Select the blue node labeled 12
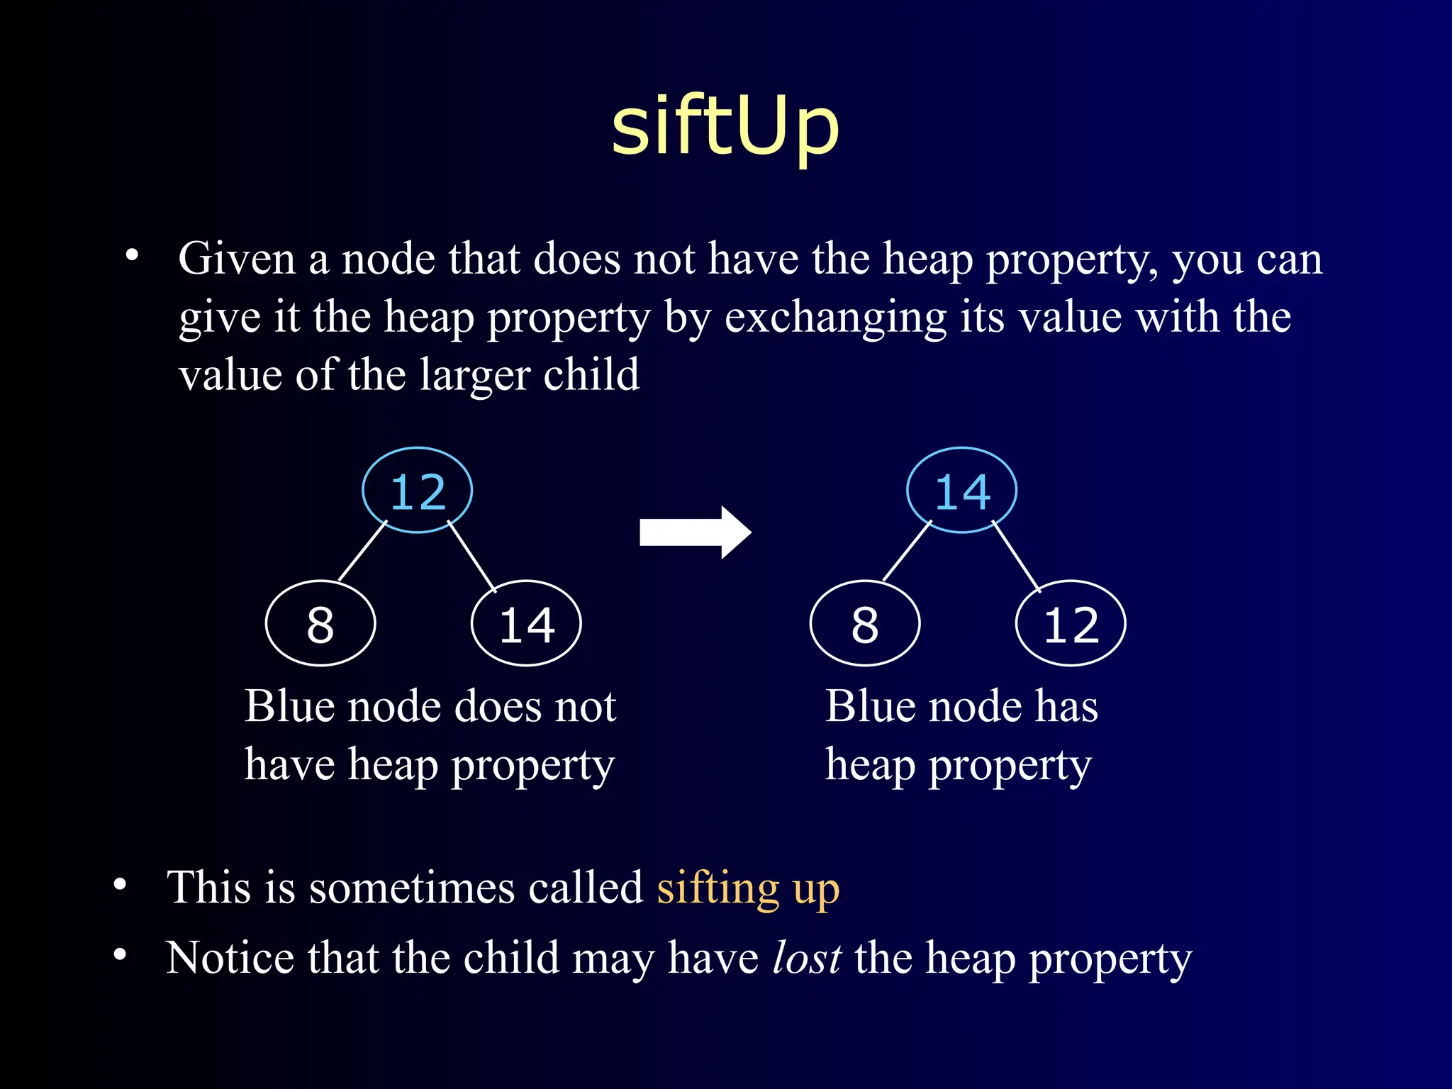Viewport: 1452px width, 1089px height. [418, 491]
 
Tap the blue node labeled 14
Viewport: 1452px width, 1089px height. [962, 491]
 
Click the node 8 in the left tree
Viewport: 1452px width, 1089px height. [320, 624]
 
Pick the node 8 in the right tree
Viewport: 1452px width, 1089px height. [865, 624]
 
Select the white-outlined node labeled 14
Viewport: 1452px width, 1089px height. [526, 624]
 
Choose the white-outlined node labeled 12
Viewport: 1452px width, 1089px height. [1071, 624]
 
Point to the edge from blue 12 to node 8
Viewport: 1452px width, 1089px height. [363, 551]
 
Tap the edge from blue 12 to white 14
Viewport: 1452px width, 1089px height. [471, 556]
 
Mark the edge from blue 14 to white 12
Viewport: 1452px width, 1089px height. [1016, 556]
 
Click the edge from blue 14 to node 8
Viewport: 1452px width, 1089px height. [907, 551]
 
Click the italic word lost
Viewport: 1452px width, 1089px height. [807, 958]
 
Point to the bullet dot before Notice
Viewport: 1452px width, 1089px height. [120, 955]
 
